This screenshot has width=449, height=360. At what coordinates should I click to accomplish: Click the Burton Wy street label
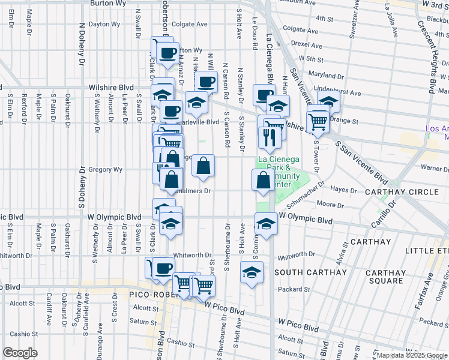tap(107, 3)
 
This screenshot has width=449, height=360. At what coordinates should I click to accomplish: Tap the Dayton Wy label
tap(104, 25)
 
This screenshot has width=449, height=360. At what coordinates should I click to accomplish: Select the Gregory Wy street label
tap(105, 170)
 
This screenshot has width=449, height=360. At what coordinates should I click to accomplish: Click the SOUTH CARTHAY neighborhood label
tap(310, 272)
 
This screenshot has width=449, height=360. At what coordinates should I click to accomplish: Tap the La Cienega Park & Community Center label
tap(279, 172)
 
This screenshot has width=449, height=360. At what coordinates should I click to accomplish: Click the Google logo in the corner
tap(19, 353)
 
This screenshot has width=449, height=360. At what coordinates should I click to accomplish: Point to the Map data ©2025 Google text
tap(412, 355)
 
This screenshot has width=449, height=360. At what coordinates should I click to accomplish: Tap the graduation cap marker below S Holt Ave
tap(252, 273)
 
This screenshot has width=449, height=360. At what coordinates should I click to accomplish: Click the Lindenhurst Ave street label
tap(338, 93)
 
